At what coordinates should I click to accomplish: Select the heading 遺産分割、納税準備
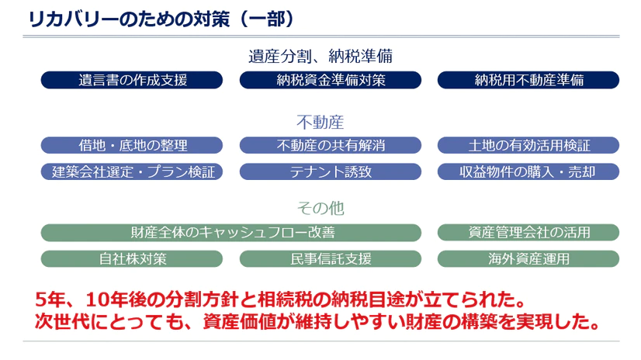(320, 56)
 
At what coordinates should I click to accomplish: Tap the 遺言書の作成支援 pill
(132, 80)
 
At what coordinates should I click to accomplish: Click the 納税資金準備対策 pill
(331, 80)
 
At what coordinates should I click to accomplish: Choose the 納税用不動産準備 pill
(528, 80)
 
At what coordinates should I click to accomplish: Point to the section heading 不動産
(320, 122)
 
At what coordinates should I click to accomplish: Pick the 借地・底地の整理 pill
(132, 145)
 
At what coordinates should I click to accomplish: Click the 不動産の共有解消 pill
(331, 145)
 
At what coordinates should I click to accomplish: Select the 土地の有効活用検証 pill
(528, 145)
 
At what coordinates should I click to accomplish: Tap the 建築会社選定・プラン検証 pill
(132, 171)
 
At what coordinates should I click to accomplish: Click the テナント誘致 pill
(331, 171)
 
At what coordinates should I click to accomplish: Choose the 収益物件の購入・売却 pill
(528, 171)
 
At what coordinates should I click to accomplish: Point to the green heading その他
(320, 208)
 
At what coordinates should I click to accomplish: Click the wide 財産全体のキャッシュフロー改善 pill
(231, 232)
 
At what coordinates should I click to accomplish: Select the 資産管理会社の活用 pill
(528, 232)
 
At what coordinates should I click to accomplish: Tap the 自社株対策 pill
(132, 258)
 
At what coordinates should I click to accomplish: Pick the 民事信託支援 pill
(331, 258)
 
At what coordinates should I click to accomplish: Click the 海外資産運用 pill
(528, 258)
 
